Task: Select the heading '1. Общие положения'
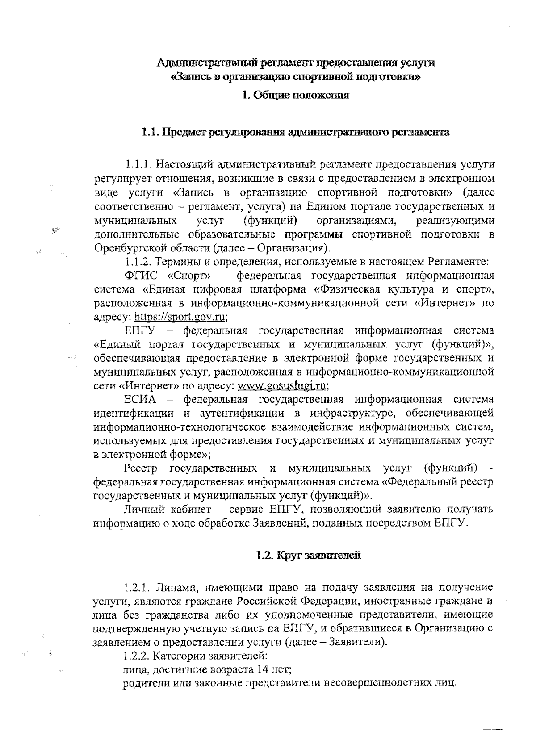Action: click(295, 95)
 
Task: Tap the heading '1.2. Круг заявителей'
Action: click(308, 556)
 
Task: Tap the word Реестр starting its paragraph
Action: click(141, 468)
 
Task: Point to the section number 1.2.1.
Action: click(138, 587)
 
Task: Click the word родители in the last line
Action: click(142, 683)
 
